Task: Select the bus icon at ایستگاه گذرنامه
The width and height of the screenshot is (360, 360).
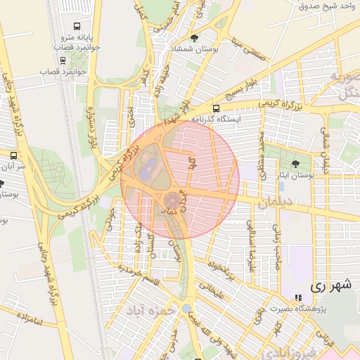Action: pyautogui.click(x=215, y=109)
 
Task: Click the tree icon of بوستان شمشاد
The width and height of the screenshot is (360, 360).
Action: pyautogui.click(x=194, y=38)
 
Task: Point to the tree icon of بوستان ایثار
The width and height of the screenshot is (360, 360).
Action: pyautogui.click(x=295, y=164)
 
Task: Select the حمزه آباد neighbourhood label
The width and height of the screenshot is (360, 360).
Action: pyautogui.click(x=149, y=309)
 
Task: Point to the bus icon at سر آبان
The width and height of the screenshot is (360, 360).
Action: pyautogui.click(x=13, y=155)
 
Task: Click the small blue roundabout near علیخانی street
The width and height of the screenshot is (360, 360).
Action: pyautogui.click(x=186, y=309)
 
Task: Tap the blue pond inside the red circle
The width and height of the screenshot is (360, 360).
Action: pyautogui.click(x=148, y=169)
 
